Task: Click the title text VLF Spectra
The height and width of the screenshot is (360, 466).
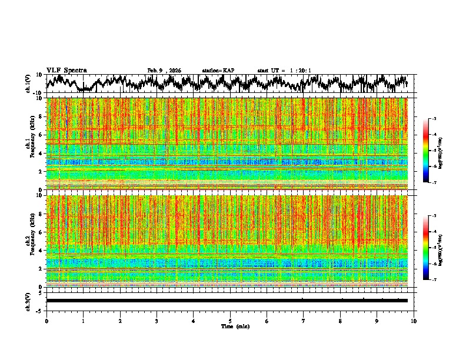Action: click(x=66, y=70)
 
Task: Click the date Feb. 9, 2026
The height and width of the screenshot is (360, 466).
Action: click(x=164, y=71)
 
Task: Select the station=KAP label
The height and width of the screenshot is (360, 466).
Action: click(x=218, y=71)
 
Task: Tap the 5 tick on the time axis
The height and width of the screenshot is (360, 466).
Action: click(x=230, y=321)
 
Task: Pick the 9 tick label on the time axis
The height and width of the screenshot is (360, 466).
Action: click(x=377, y=321)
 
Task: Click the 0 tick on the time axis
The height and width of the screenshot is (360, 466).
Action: click(x=46, y=321)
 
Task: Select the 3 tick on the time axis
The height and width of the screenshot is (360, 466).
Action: click(x=157, y=321)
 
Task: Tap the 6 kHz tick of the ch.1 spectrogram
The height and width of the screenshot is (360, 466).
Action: click(x=42, y=135)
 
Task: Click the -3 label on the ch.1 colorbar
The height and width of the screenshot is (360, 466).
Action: click(x=433, y=119)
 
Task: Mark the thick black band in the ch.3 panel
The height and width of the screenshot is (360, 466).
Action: click(x=227, y=301)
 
